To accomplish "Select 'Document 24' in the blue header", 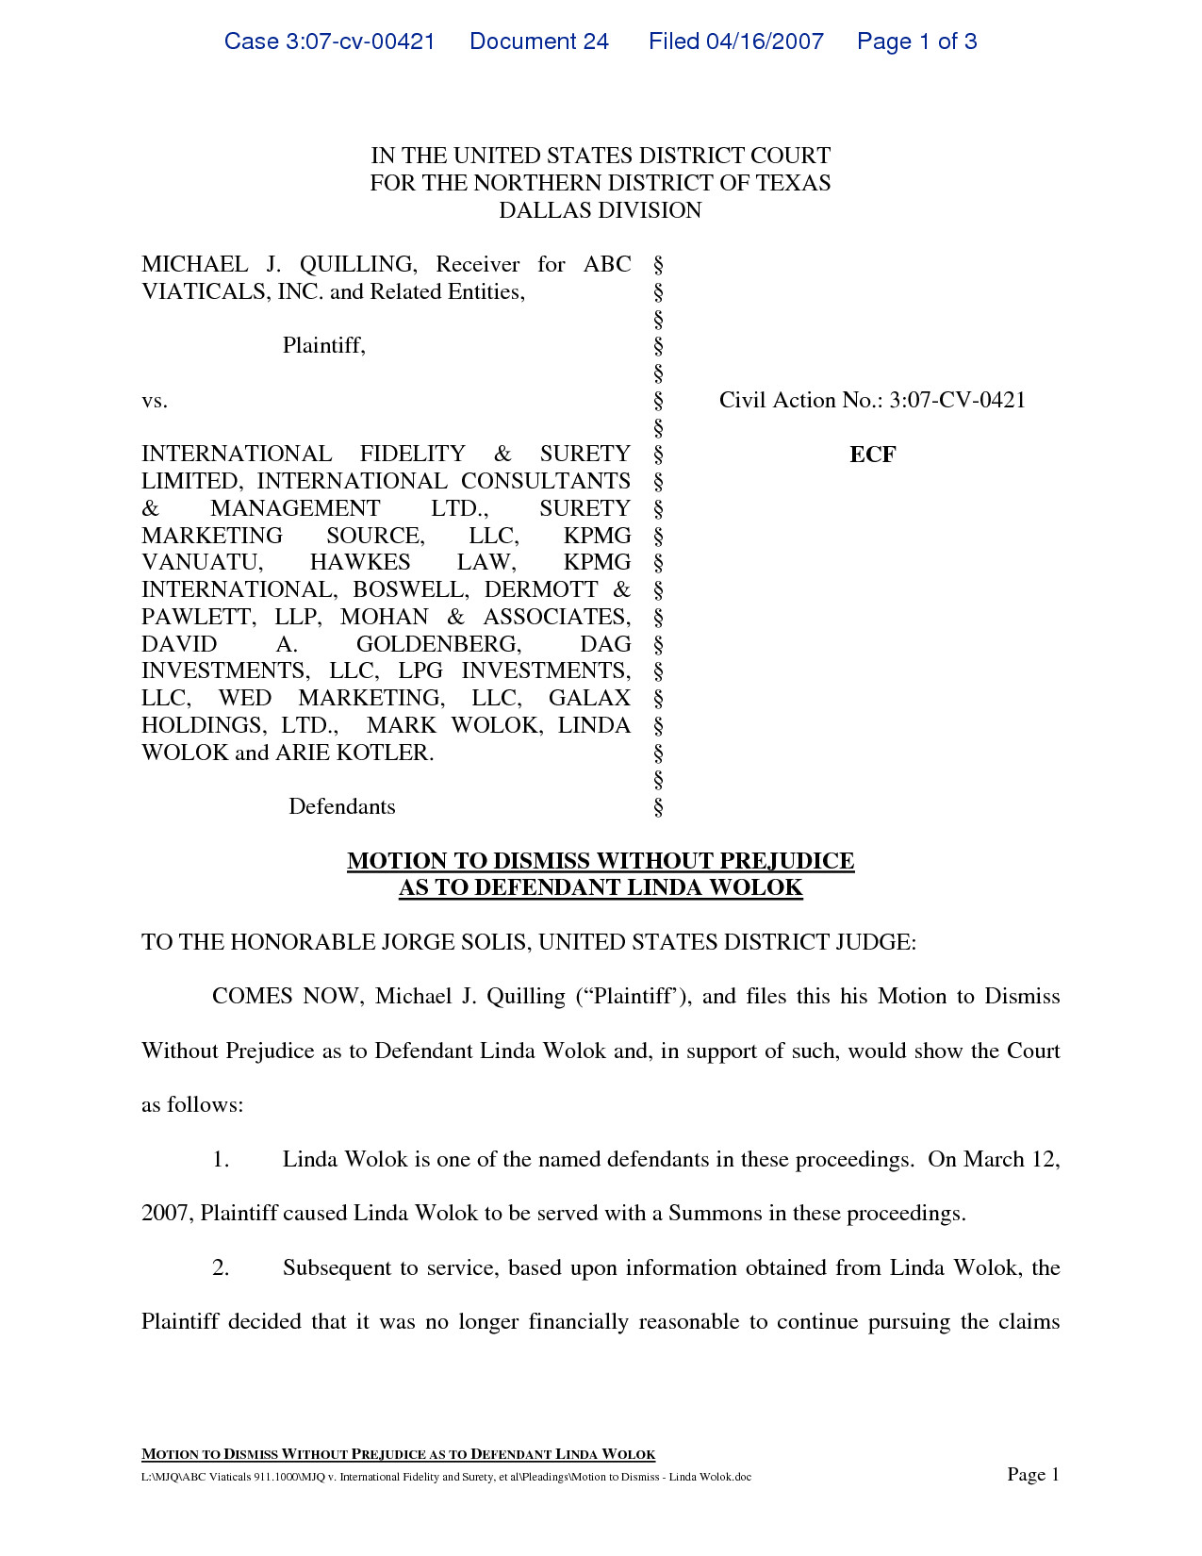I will [539, 41].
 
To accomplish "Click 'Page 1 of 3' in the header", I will [916, 41].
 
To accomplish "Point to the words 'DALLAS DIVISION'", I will [601, 210].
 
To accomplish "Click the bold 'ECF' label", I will [872, 455].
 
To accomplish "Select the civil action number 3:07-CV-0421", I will [957, 400].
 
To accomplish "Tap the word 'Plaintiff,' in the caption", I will [324, 345].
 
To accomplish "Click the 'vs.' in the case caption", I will [155, 401].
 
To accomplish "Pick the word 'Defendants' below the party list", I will [342, 806].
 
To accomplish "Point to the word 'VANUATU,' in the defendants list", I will [203, 562].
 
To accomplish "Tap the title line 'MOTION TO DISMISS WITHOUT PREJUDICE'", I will [601, 861].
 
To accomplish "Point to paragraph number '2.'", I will [221, 1267].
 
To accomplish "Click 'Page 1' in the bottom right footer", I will [1033, 1475].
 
